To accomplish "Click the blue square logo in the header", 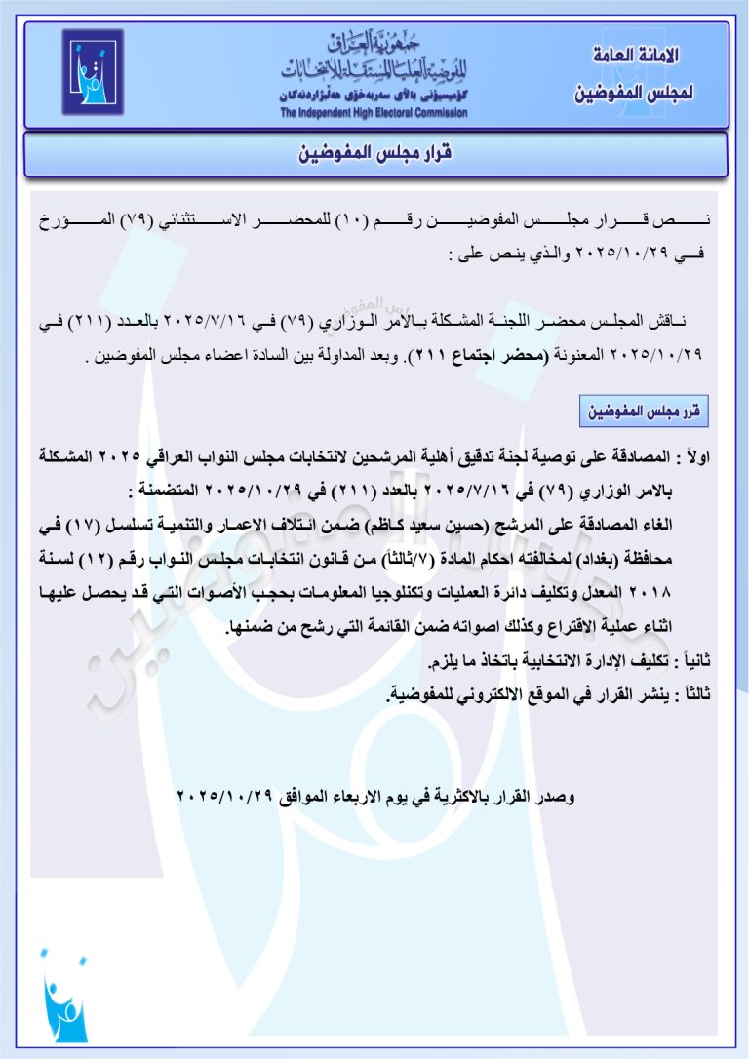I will [x=93, y=72].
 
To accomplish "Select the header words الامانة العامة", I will [x=636, y=56].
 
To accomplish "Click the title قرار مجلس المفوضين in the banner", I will [x=374, y=155].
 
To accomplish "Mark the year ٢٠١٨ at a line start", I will [x=685, y=592].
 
